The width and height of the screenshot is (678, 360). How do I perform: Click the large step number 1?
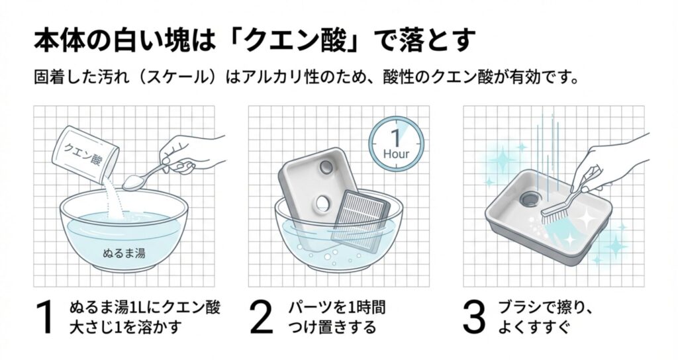45,318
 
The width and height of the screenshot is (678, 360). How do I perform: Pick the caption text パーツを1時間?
336,308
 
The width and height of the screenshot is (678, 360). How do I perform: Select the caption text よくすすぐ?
530,328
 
